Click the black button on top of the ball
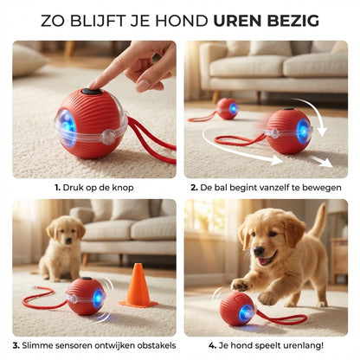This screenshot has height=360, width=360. pyautogui.click(x=91, y=91)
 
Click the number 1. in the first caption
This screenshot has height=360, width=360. pyautogui.click(x=58, y=187)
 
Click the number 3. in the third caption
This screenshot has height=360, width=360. pyautogui.click(x=16, y=344)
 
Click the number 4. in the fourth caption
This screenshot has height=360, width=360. pyautogui.click(x=214, y=344)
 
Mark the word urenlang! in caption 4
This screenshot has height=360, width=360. pyautogui.click(x=298, y=344)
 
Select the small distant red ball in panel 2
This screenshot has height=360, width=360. pyautogui.click(x=228, y=108)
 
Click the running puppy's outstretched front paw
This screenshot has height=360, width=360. pyautogui.click(x=239, y=285)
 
